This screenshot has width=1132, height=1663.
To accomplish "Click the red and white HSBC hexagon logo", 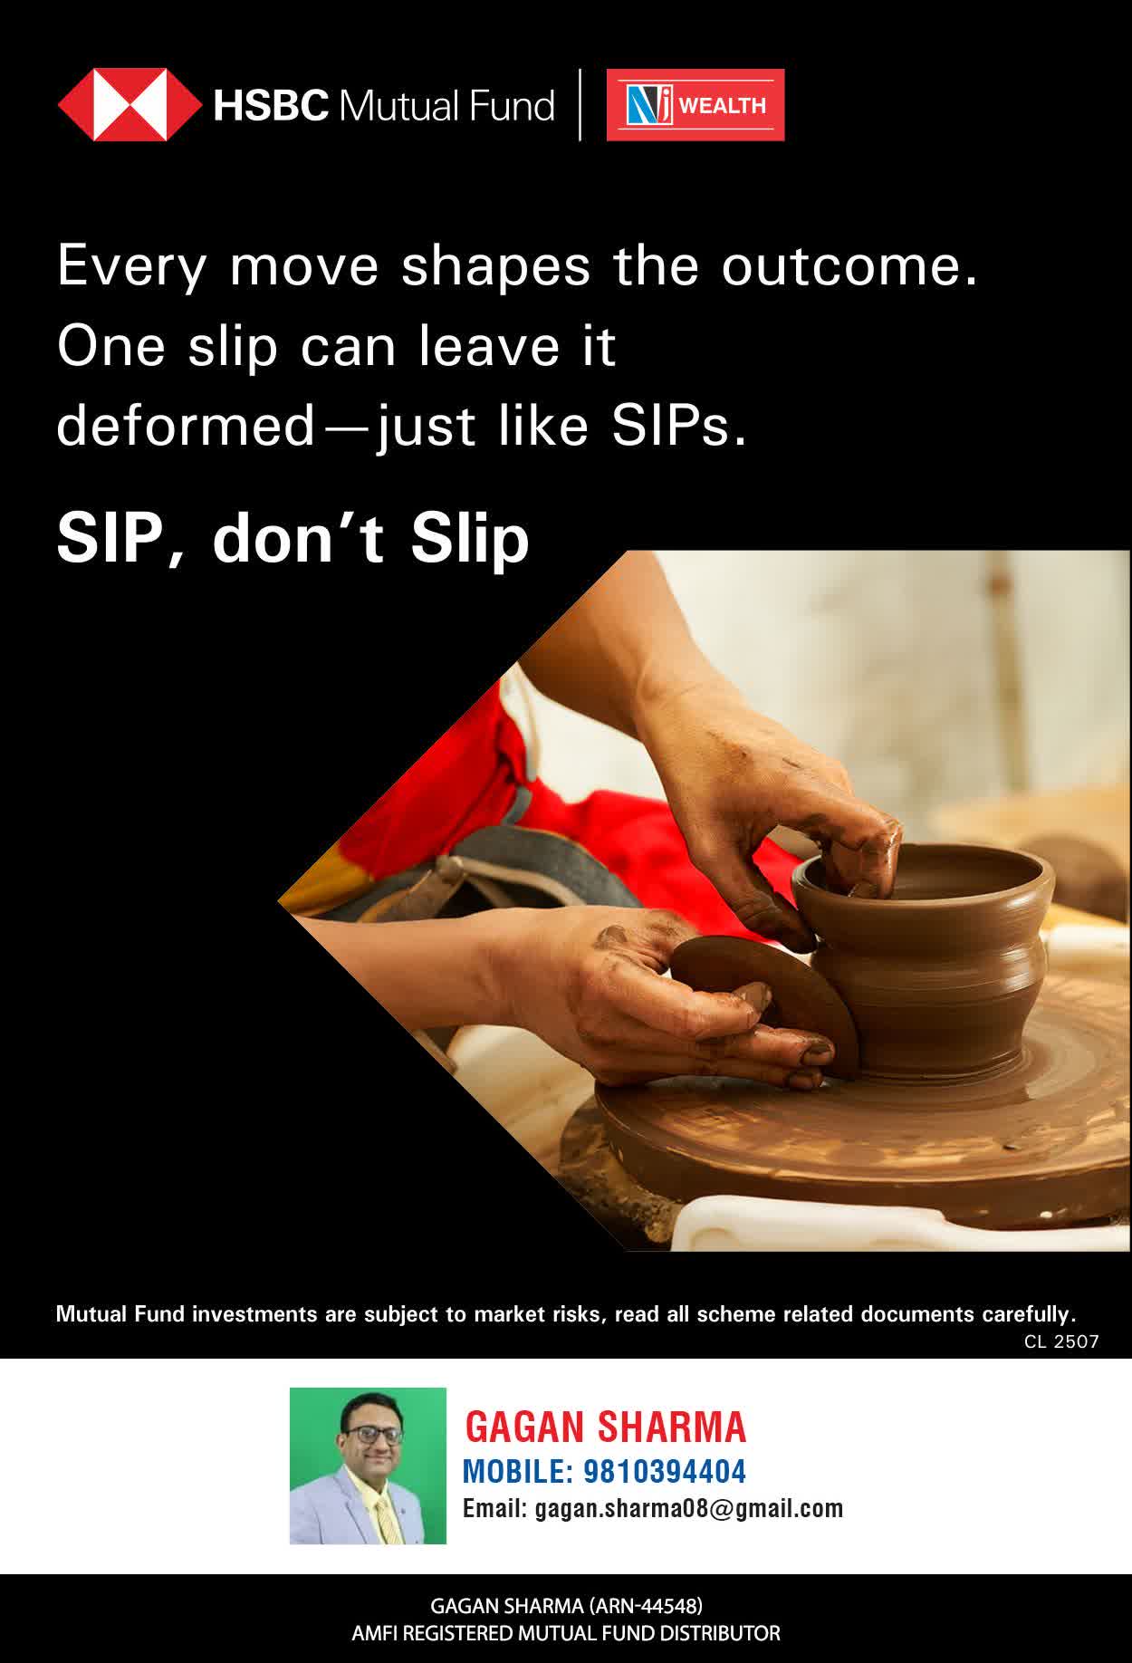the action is click(130, 105).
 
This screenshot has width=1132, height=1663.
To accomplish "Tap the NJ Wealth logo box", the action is click(696, 105).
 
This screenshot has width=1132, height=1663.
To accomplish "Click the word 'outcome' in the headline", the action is click(849, 266).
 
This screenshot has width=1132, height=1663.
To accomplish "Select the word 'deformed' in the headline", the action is click(186, 426).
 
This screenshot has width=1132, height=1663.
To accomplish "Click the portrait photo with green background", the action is click(368, 1466).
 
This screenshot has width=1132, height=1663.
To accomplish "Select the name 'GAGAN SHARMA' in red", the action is click(605, 1427).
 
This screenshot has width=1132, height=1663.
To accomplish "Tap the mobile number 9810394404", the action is click(665, 1472).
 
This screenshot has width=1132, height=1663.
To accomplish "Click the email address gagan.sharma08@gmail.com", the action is click(689, 1509).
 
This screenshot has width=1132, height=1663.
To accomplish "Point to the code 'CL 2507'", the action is click(1061, 1341).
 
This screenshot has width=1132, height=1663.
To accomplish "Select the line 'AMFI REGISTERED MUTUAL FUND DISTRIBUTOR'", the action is click(566, 1634).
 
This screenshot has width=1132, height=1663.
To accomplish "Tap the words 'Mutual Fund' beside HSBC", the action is click(446, 106).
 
